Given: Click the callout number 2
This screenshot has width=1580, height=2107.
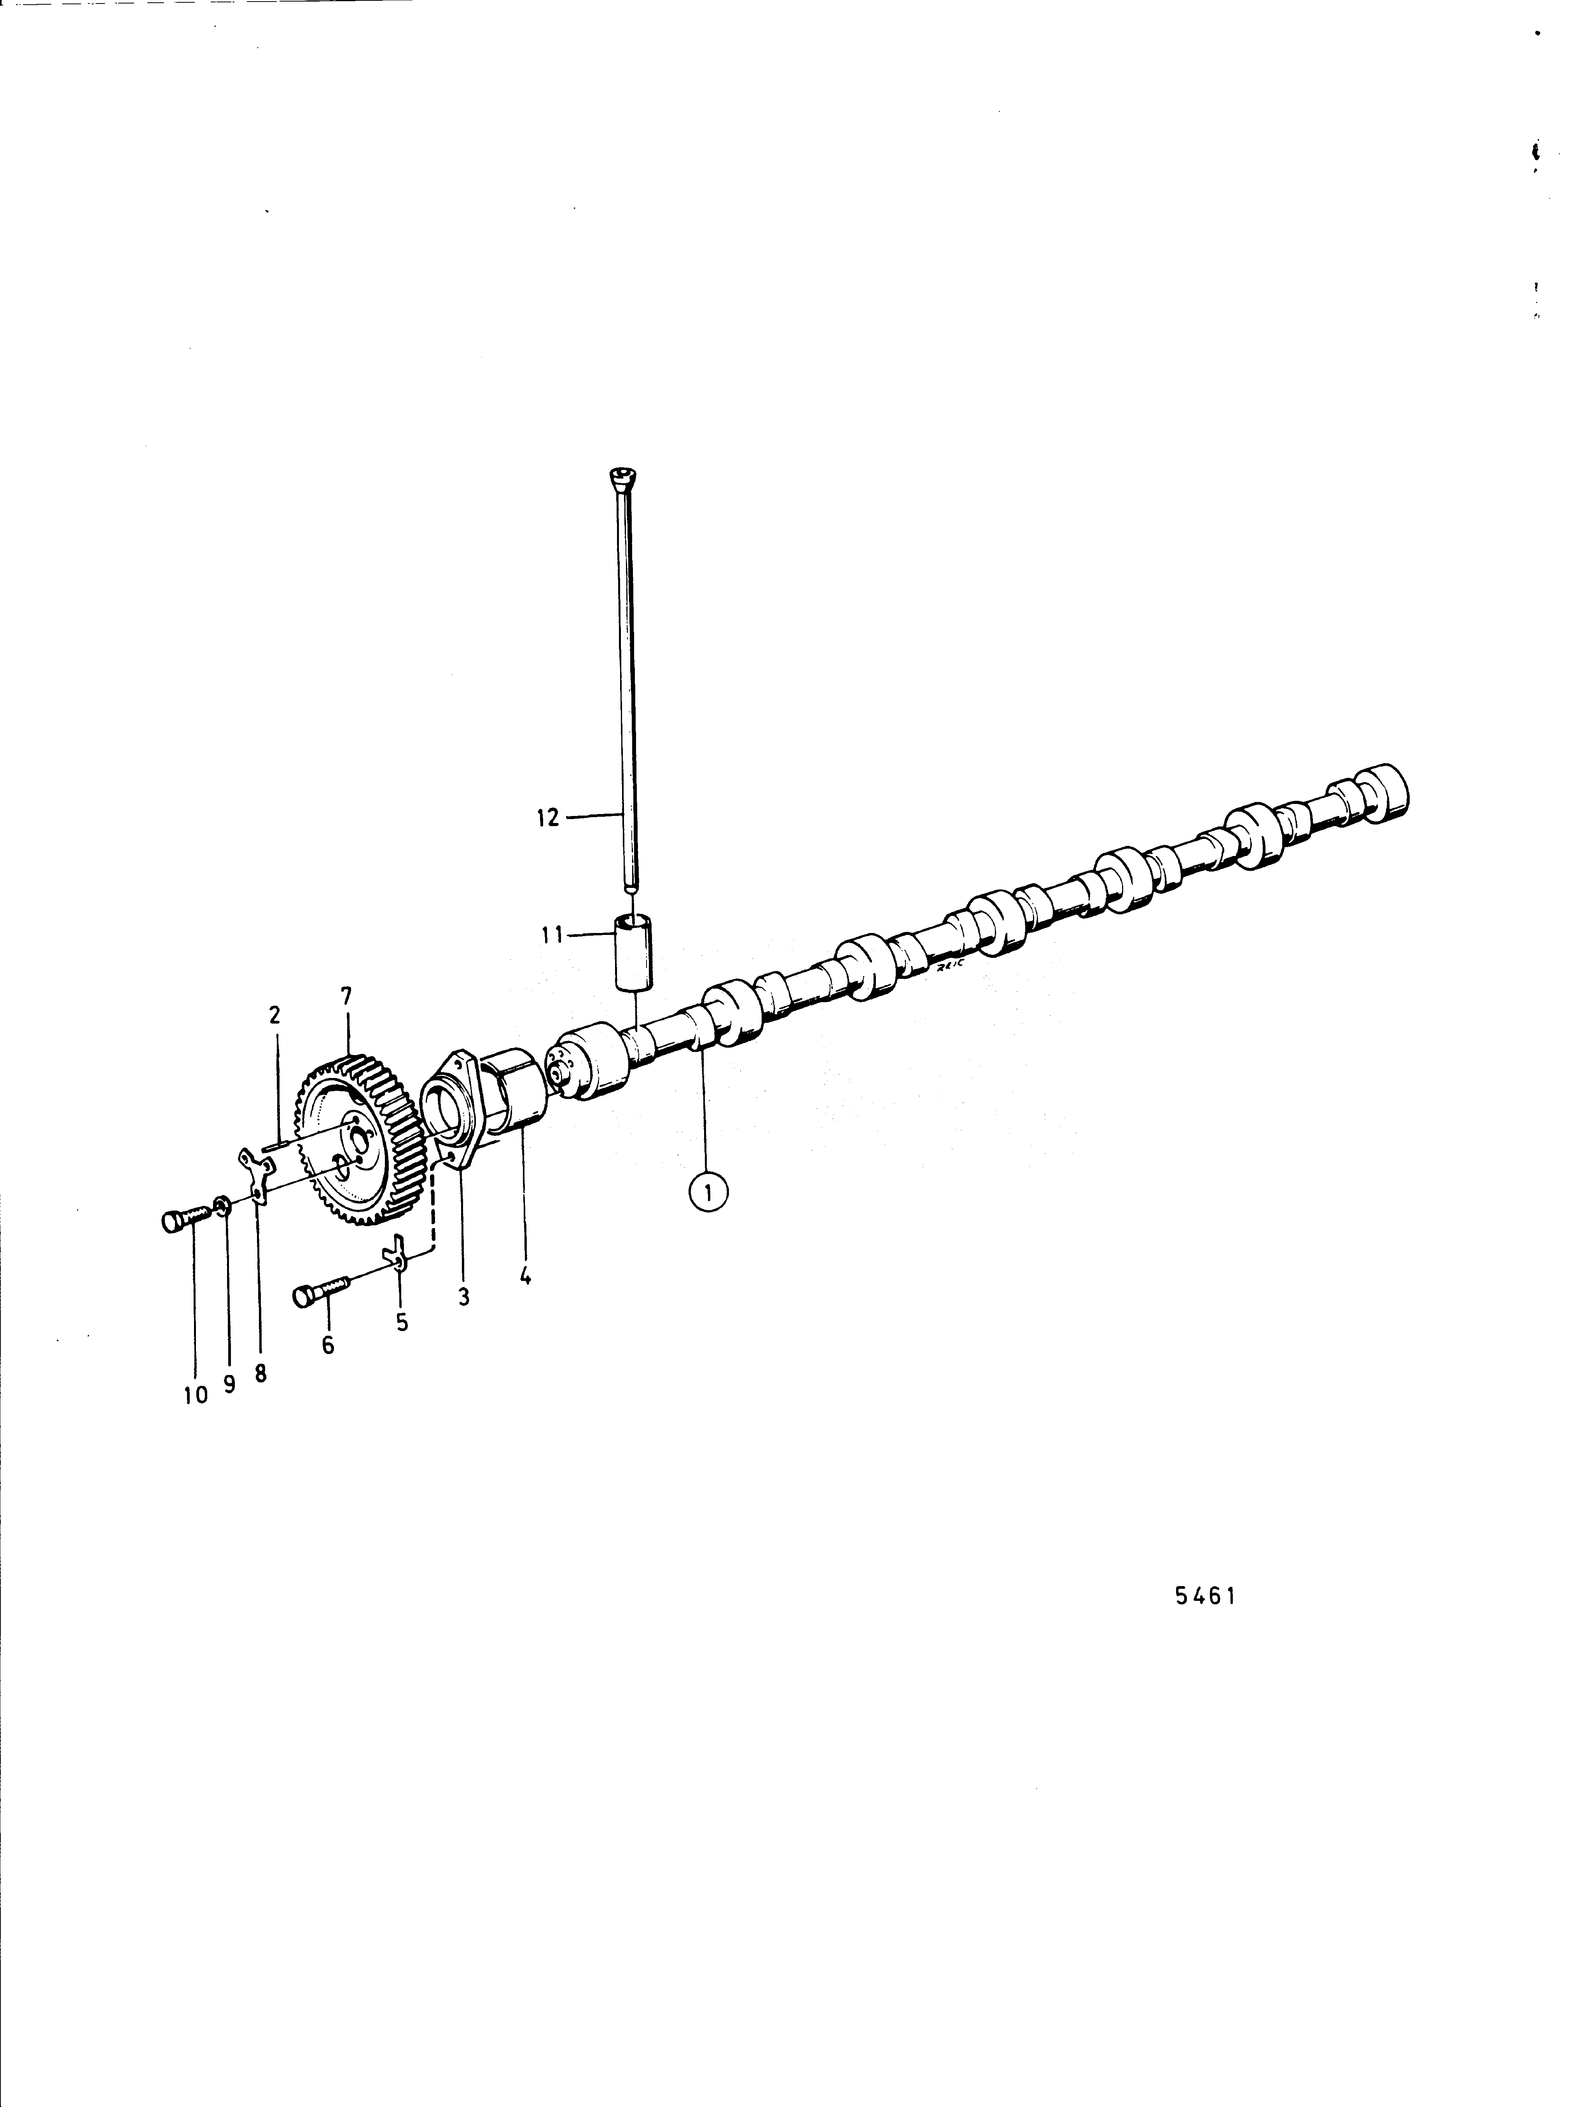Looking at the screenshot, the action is [275, 1015].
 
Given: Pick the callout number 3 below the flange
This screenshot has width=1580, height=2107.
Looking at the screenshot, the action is [464, 1297].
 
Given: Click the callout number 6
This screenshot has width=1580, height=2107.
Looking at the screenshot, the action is [329, 1346].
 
